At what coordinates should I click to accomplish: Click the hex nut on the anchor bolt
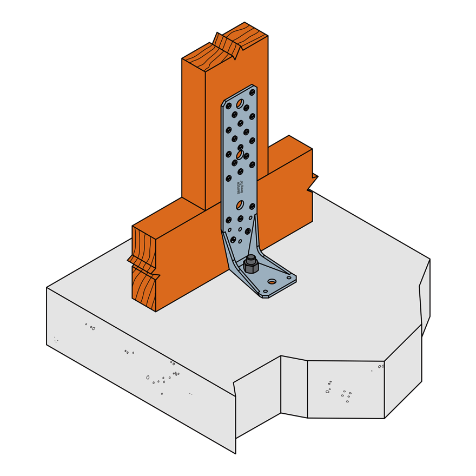coord(251,267)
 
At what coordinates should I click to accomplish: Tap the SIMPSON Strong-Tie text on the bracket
coord(239,188)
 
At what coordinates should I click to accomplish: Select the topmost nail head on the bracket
coord(252,92)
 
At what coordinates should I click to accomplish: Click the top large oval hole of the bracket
coord(240,103)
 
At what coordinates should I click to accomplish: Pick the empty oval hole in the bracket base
coord(272,281)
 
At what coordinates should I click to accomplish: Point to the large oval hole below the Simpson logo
coord(240,204)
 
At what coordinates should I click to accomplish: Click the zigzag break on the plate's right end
coord(312,182)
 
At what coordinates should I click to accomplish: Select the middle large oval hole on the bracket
coord(240,155)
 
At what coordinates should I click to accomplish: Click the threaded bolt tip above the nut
coord(251,257)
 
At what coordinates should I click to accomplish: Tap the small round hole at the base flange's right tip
coord(289,277)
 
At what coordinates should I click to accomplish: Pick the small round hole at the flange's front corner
coord(265,292)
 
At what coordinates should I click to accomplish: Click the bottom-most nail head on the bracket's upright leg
coord(233,240)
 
